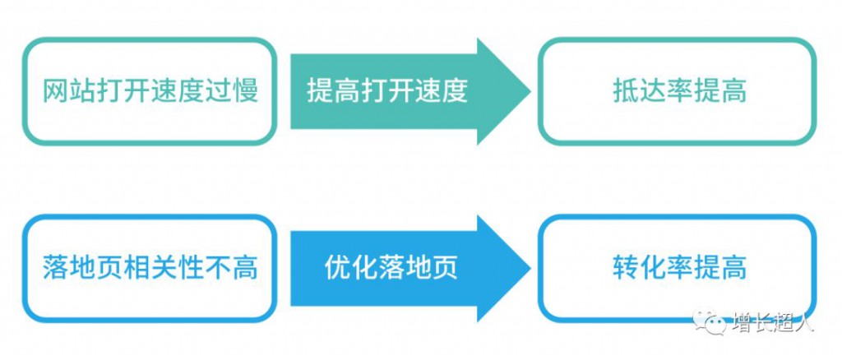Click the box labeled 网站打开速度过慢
pyautogui.click(x=149, y=90)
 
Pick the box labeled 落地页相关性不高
pyautogui.click(x=149, y=268)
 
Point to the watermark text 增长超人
pyautogui.click(x=772, y=321)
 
